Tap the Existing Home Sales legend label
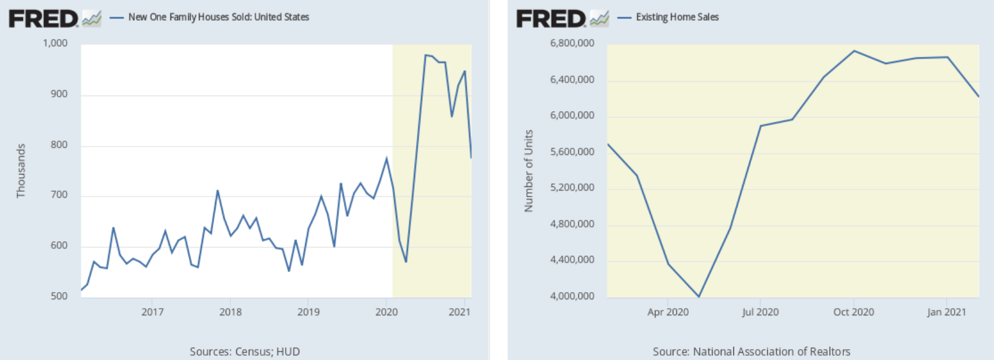[677, 17]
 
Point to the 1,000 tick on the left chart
[55, 43]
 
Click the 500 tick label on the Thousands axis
[59, 296]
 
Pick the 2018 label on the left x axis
[230, 312]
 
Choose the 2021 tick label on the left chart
[459, 312]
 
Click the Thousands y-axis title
[21, 171]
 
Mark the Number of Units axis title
[528, 171]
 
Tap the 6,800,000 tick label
[572, 43]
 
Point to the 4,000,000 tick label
[572, 296]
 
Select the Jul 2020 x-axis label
[760, 312]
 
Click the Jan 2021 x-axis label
[946, 312]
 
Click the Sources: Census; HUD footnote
[245, 352]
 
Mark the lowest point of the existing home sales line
[699, 296]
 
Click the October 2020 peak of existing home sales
[854, 50]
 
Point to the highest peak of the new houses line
[426, 55]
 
